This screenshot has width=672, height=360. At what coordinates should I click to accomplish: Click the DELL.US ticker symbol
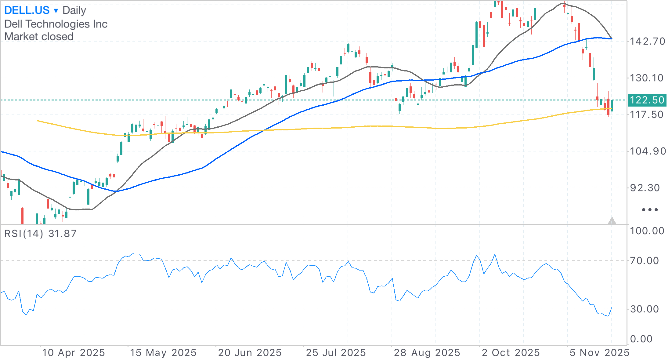click(27, 10)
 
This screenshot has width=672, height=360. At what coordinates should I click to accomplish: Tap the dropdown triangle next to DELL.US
click(56, 11)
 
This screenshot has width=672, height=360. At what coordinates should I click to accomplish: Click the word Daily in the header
click(74, 10)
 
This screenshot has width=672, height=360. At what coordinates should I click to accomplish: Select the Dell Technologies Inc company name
click(56, 24)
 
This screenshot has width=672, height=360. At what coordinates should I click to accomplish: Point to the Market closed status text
click(39, 37)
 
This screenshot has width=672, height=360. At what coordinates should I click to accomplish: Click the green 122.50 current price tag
click(647, 100)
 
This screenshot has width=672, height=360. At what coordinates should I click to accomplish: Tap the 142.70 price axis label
click(648, 41)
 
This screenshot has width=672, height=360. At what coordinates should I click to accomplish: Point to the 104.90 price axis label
click(648, 151)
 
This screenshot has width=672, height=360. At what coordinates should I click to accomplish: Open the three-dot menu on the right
click(650, 210)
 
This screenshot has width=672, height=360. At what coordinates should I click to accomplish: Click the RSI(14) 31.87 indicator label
click(40, 234)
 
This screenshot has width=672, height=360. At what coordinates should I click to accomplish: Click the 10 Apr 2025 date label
click(74, 353)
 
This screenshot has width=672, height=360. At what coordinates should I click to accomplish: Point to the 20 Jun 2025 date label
click(250, 353)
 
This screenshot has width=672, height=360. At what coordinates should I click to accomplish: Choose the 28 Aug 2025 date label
click(427, 353)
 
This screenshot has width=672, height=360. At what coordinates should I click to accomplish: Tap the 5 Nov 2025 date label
click(599, 353)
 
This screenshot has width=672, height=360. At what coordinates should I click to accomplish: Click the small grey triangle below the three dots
click(612, 220)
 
